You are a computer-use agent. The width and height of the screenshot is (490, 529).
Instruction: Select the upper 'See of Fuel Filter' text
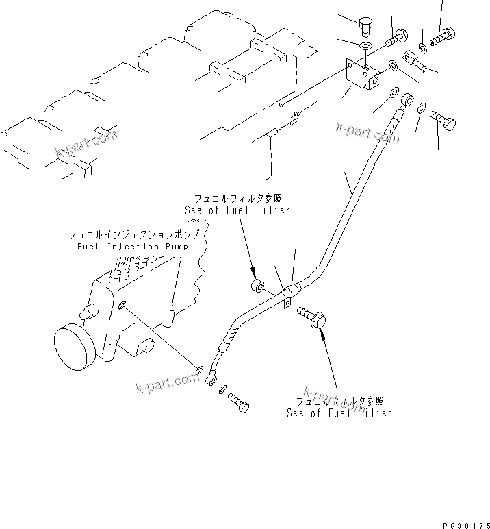click(x=237, y=210)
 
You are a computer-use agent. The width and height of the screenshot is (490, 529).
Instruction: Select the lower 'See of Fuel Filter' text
click(x=339, y=413)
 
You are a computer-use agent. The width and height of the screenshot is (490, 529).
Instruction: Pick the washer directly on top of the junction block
click(x=365, y=47)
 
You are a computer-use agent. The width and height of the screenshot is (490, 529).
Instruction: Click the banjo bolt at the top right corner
click(x=446, y=32)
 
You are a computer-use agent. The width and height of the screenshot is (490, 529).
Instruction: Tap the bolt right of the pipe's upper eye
click(x=444, y=123)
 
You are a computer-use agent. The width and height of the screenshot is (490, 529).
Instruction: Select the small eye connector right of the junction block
click(x=417, y=62)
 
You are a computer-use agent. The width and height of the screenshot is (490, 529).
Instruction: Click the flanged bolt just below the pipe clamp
click(x=313, y=317)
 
